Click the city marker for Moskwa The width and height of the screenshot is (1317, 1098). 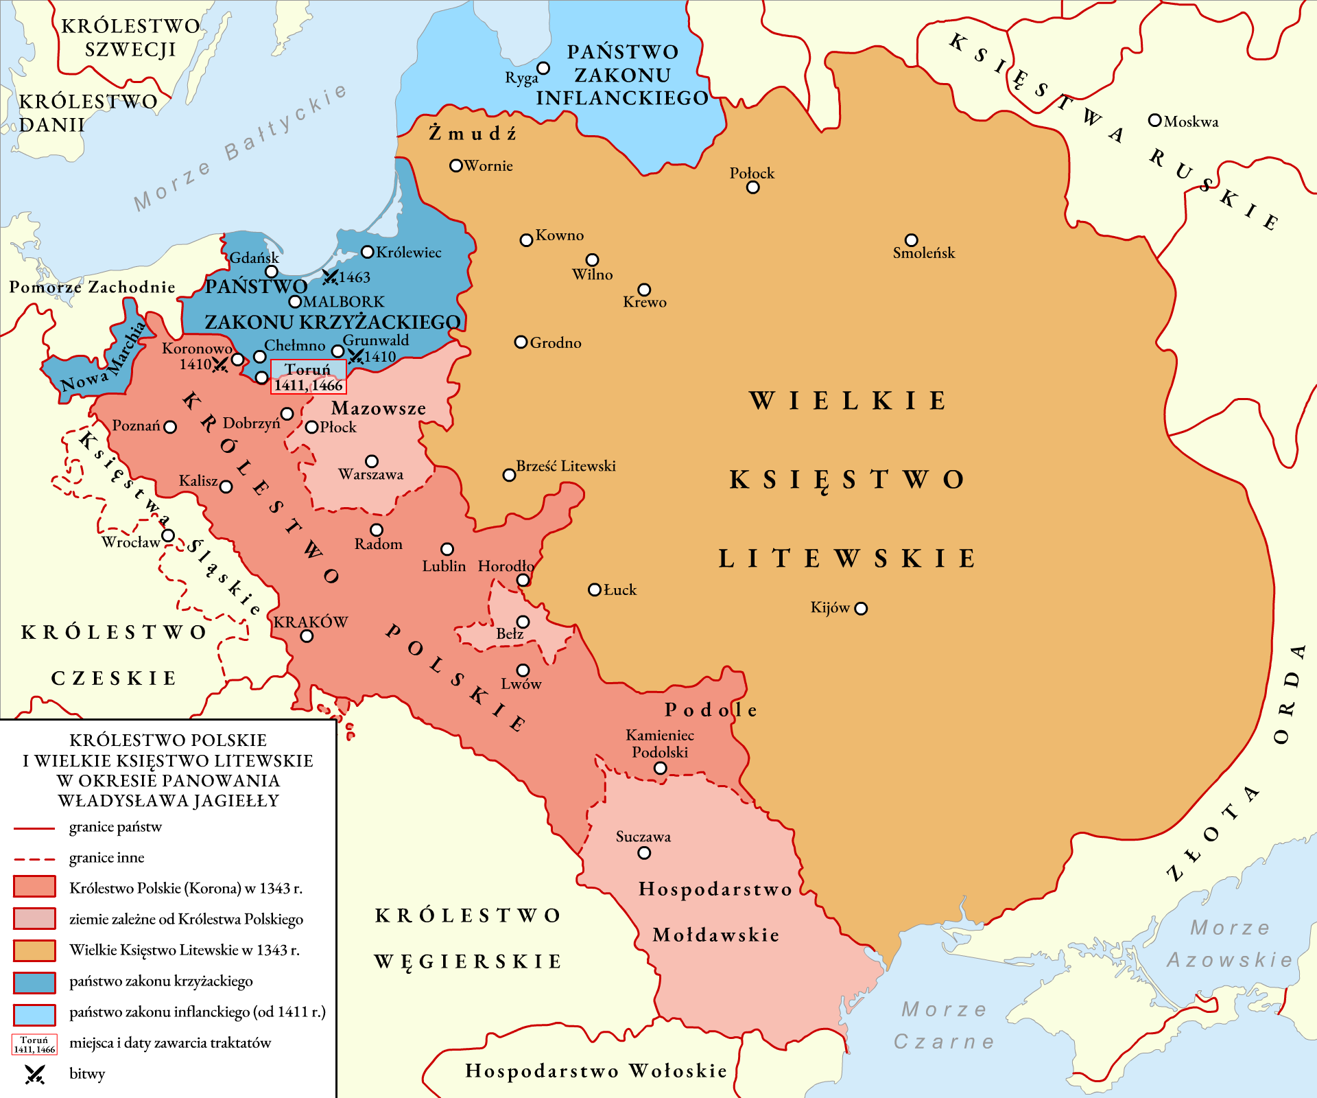point(1154,121)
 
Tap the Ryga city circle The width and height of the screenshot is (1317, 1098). point(543,69)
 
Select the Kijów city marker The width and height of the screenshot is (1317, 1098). point(862,609)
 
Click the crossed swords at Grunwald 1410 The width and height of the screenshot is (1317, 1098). point(355,356)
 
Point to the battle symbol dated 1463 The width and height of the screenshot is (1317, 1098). point(330,277)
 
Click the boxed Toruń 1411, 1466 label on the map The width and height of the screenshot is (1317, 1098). point(308,377)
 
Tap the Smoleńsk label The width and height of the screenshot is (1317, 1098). point(923,253)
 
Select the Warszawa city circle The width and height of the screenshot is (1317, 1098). point(372,461)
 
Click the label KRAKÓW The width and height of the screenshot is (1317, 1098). point(311,622)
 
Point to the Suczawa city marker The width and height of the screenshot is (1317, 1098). point(644,853)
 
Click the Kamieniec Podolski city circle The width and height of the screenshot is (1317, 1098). point(661,769)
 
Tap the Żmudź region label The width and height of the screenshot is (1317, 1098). point(473,133)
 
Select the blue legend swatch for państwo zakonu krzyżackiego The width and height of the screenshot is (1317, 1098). point(34,982)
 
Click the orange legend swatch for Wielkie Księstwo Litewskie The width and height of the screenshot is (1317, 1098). point(34,950)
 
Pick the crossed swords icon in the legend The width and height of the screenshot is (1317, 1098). point(34,1074)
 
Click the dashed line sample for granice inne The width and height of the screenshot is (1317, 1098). point(34,858)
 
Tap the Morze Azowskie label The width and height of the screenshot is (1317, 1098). point(1229,944)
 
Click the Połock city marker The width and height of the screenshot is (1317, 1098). point(753,187)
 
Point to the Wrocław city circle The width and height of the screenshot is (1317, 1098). point(168,536)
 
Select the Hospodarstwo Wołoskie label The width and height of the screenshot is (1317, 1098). point(595,1071)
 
